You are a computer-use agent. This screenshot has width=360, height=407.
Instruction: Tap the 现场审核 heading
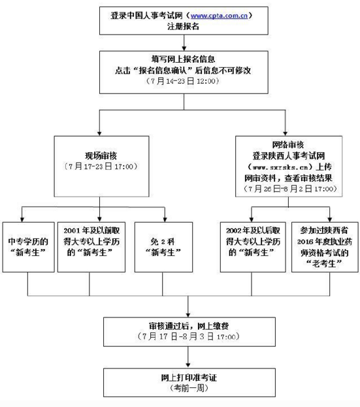pos(100,155)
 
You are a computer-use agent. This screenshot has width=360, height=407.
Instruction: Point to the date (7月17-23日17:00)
pos(100,167)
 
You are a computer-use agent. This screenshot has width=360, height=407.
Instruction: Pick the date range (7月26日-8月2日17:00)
pos(286,189)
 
